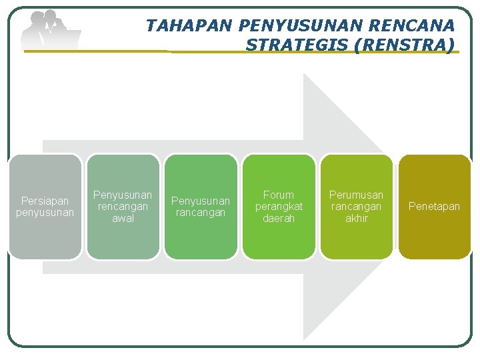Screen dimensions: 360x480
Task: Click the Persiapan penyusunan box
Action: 45,207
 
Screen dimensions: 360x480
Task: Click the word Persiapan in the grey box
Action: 45,201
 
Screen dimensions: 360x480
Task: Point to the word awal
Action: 123,219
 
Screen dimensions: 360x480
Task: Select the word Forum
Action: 279,195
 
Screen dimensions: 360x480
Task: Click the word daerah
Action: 279,219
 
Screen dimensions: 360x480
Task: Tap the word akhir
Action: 357,219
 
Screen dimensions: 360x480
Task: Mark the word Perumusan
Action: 357,195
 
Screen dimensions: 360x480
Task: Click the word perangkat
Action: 279,207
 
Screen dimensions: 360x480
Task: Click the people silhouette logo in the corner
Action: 50,30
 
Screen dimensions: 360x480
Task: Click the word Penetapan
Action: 435,207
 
